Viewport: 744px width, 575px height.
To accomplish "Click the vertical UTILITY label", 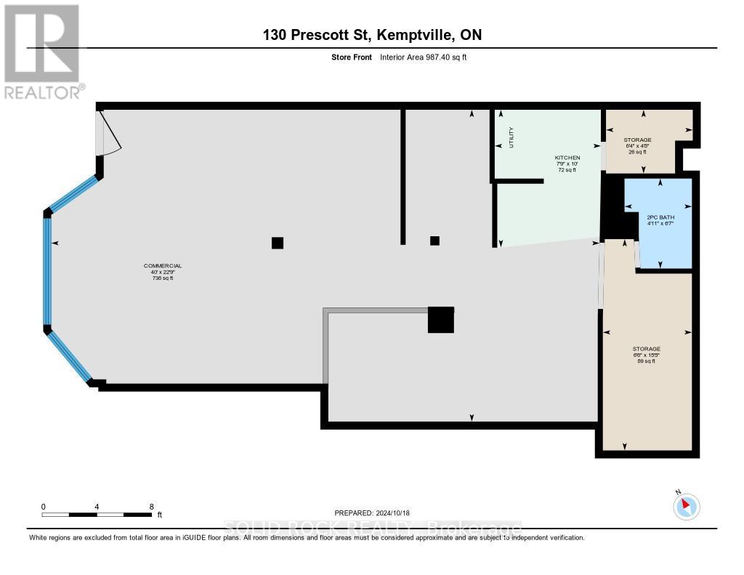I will click(511, 137).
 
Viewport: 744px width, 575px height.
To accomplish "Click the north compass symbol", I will click(686, 506).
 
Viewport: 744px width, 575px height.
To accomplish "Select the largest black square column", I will click(440, 320).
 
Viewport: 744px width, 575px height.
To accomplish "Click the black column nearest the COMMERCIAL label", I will click(277, 243).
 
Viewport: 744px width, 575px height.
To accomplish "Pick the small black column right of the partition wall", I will click(434, 241).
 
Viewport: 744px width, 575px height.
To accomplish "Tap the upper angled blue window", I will click(73, 193).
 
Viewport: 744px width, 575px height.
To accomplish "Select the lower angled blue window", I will click(70, 355).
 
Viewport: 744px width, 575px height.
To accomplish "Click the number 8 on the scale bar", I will click(151, 506).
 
